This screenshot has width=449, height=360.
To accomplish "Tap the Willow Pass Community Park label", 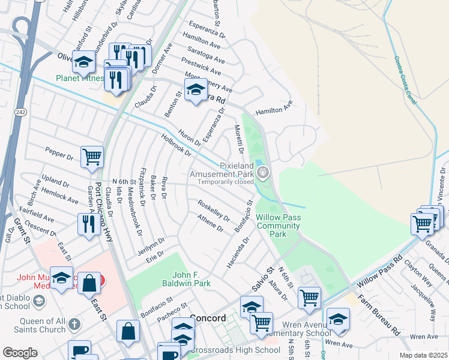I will click(278, 226).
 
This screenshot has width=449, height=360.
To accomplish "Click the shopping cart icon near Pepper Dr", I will click(92, 157).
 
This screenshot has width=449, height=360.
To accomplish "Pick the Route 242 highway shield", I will click(20, 112).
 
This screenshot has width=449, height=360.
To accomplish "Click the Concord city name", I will click(207, 317).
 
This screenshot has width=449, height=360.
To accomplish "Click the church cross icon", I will click(74, 325).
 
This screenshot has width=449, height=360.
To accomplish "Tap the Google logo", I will click(20, 352).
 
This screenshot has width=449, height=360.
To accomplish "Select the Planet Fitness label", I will click(79, 78).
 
